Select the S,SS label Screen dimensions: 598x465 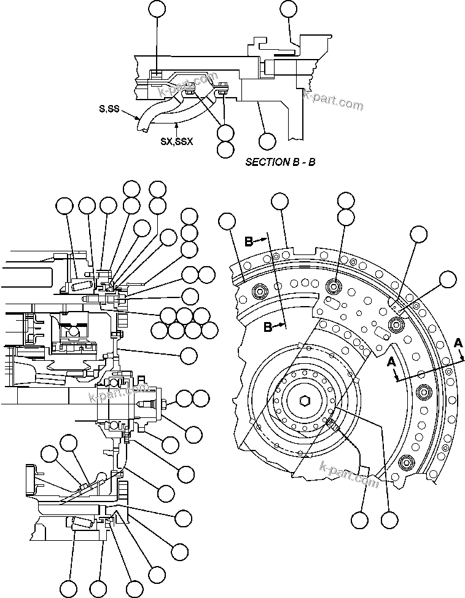109,109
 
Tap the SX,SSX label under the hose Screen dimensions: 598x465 176,141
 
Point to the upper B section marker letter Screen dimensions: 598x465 249,242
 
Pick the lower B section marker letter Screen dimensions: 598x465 268,328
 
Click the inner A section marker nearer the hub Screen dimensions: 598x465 391,363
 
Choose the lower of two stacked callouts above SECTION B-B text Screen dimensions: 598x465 225,149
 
